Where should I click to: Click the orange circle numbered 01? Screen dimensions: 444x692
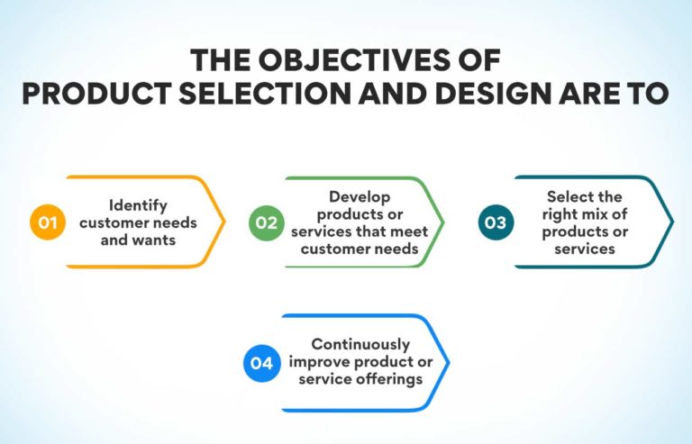tap(47, 222)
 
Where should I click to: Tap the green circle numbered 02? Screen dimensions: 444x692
tap(268, 222)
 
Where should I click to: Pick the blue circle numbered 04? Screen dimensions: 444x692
tap(262, 363)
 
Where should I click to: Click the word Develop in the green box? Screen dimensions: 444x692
tap(355, 196)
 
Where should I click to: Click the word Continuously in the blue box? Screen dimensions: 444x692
tap(360, 344)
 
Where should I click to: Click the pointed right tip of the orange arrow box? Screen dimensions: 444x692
tap(224, 222)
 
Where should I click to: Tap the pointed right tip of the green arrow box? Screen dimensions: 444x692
tap(444, 222)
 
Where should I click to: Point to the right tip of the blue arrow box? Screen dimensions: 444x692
tap(448, 363)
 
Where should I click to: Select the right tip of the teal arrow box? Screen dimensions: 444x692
tap(672, 222)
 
